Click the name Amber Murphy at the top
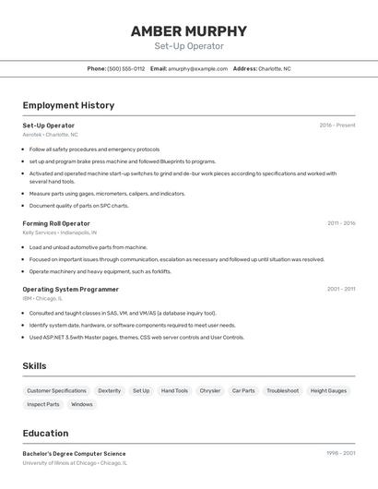pos(189,30)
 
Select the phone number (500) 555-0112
pos(126,68)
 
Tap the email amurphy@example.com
pos(197,68)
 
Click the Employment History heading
pos(68,105)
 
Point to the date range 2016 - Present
pos(337,125)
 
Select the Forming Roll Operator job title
pos(56,223)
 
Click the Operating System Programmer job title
pos(70,289)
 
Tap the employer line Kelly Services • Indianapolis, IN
pos(62,233)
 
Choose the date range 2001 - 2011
pos(341,289)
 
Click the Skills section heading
pos(34,366)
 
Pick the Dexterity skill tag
pos(110,390)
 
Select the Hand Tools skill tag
pos(174,390)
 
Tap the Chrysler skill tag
pos(210,390)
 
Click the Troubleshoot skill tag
pos(282,390)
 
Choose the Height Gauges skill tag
pos(328,390)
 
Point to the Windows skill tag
pos(82,404)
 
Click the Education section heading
pos(45,433)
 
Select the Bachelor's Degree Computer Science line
pos(74,454)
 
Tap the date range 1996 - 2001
pos(341,454)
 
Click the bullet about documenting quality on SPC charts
pos(79,206)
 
